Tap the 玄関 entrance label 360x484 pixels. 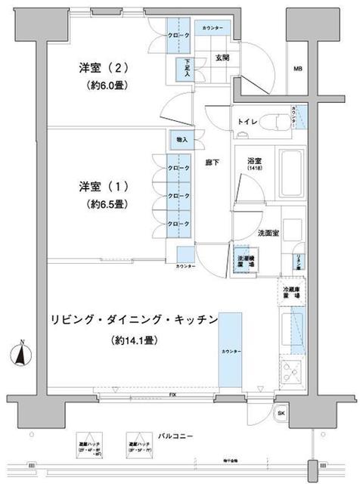[x=222, y=57]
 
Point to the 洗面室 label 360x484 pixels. [x=268, y=233]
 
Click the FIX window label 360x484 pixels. [x=163, y=395]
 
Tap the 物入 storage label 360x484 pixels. [x=182, y=139]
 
